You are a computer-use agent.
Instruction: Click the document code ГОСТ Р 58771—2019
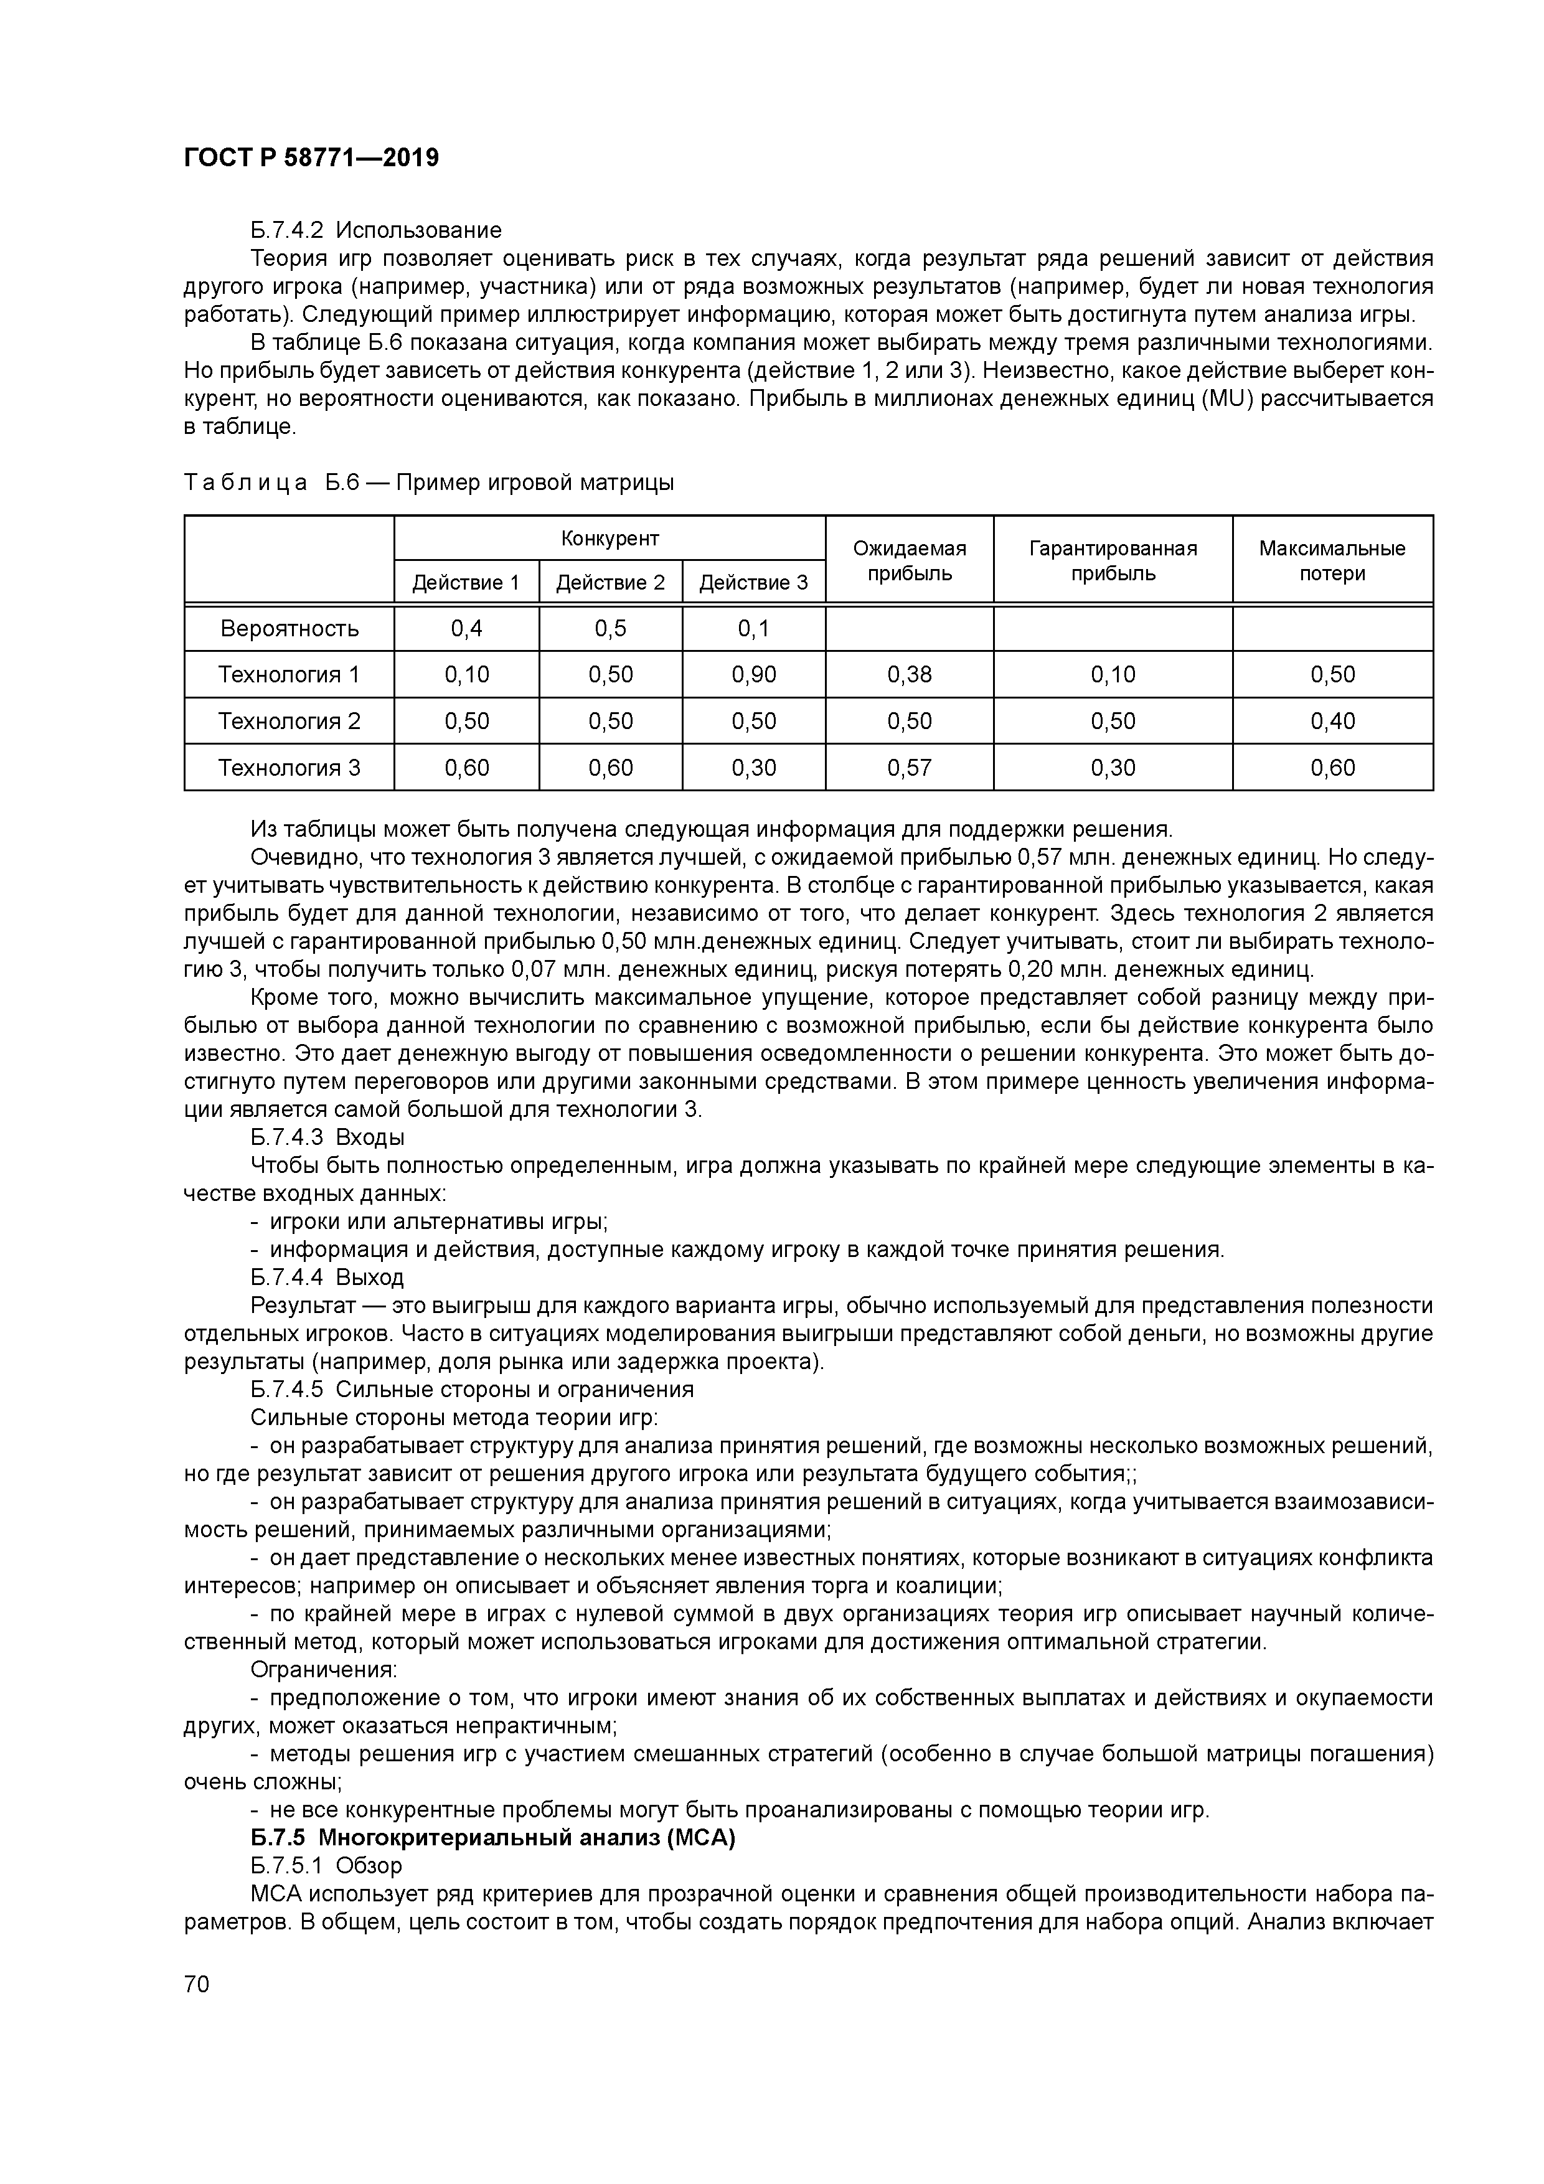311,158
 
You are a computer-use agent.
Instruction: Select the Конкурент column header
610,539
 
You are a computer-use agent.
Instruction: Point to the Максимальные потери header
1331,560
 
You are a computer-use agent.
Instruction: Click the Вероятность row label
289,629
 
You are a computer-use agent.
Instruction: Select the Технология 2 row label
289,721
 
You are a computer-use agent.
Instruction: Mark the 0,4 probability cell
466,629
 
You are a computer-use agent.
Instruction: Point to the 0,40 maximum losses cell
1331,721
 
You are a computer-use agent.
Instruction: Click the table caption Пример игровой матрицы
534,483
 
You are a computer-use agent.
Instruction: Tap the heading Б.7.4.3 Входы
327,1137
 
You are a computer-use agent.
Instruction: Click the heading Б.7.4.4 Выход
327,1276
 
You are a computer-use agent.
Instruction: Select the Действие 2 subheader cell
610,582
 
